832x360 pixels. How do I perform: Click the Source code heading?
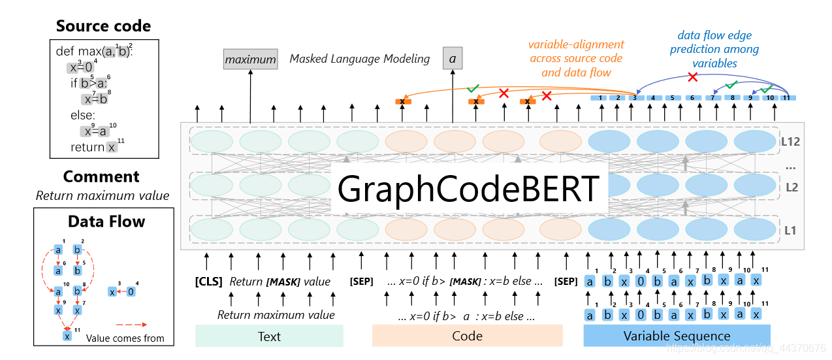[103, 26]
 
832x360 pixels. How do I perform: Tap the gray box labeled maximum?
[250, 59]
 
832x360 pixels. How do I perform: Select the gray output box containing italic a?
[452, 59]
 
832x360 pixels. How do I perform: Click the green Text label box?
[269, 336]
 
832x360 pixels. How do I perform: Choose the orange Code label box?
[467, 336]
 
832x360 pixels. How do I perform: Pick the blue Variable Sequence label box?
[677, 336]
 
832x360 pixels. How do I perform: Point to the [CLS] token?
[208, 282]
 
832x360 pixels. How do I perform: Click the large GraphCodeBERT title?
[469, 189]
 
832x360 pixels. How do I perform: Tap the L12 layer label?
[791, 140]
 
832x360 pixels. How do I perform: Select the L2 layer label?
[792, 188]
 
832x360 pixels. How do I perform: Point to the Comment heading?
[101, 176]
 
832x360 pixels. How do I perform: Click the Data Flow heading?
[106, 221]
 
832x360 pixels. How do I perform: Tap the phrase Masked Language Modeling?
[360, 59]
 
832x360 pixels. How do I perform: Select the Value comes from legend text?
[125, 338]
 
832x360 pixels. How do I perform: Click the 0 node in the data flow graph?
[131, 291]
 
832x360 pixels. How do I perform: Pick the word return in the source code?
[88, 147]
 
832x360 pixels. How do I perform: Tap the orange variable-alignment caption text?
[576, 58]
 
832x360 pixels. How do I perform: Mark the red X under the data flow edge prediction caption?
[693, 77]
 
